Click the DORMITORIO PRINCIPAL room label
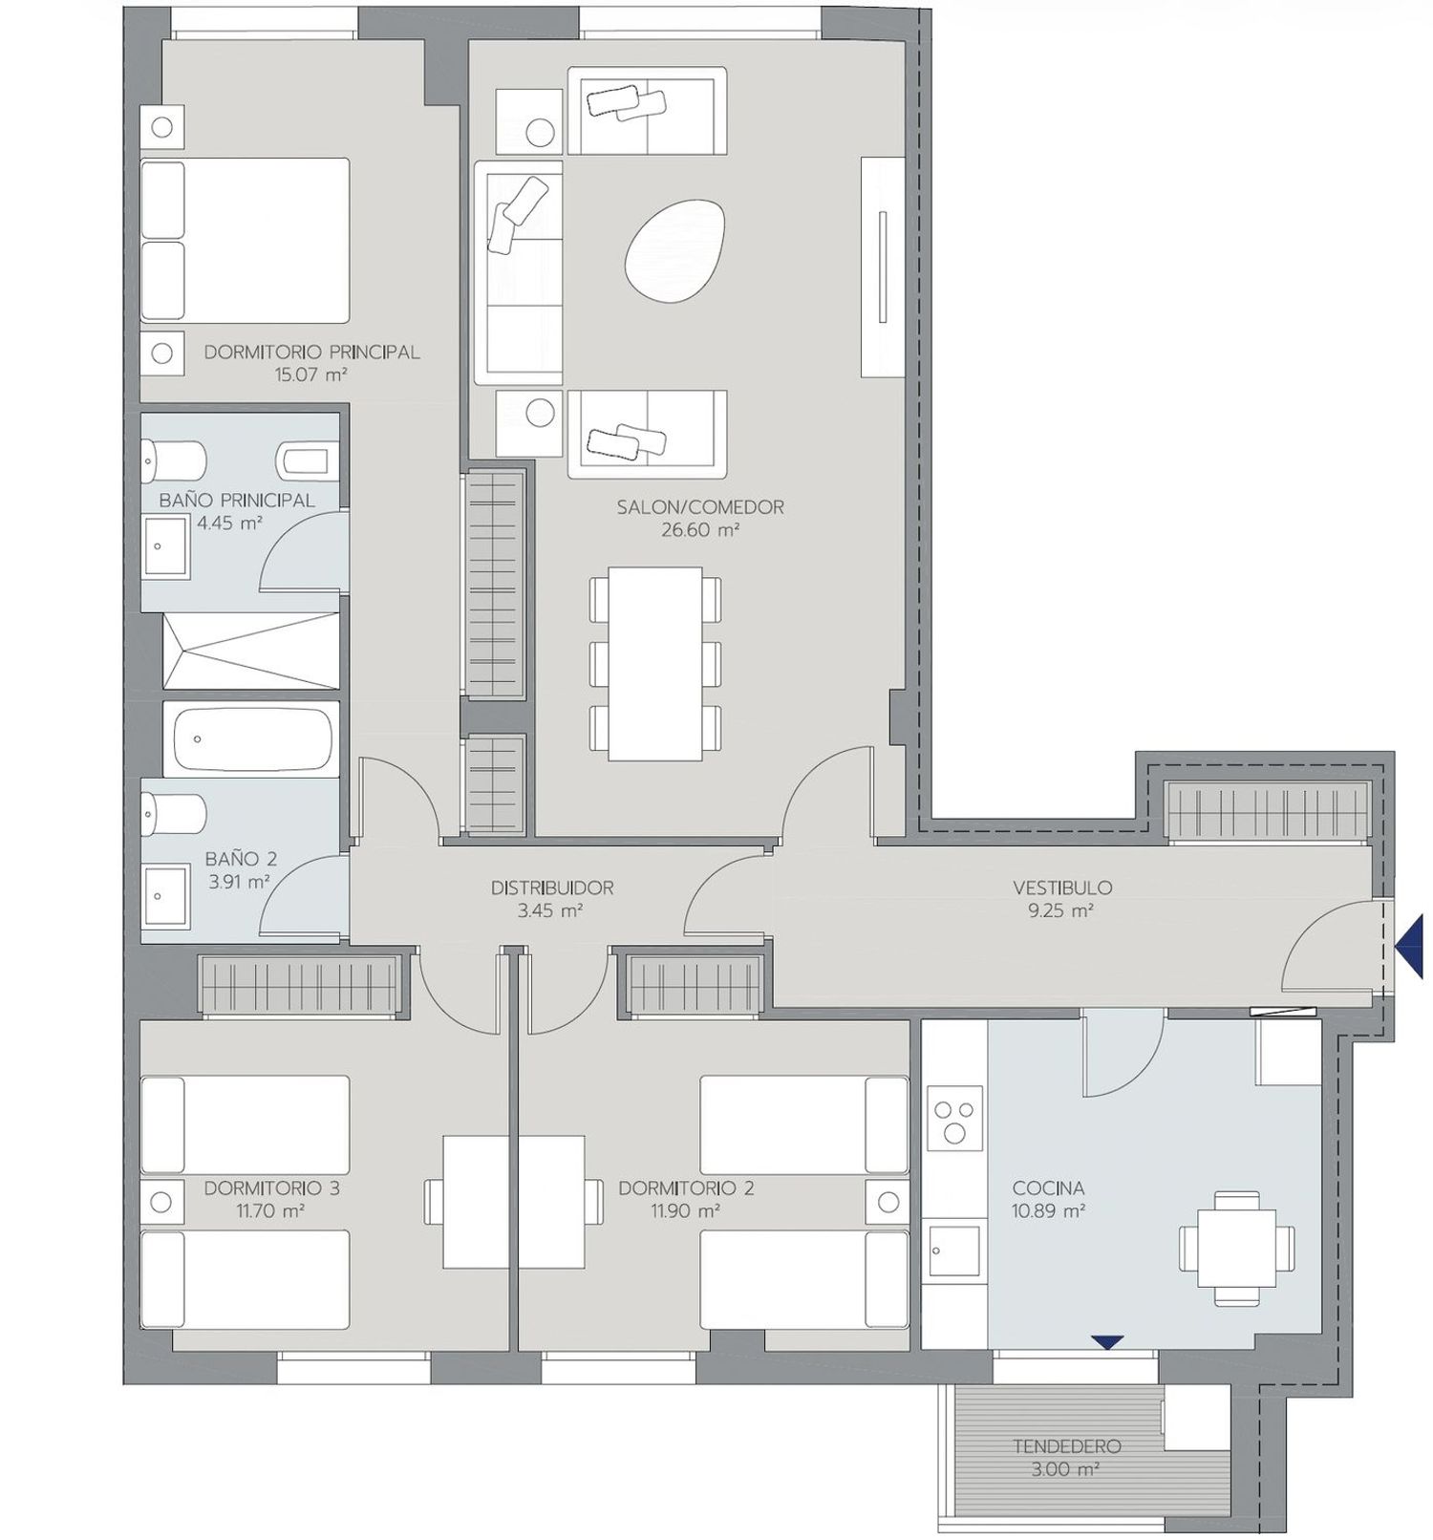[311, 352]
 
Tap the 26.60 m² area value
[700, 530]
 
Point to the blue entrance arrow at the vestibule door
[1409, 946]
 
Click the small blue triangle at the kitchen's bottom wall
[1107, 1342]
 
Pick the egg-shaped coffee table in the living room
[674, 250]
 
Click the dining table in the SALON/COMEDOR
[655, 663]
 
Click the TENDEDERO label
[1067, 1446]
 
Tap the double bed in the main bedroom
[245, 240]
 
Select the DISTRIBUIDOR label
[552, 888]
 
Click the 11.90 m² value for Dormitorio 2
[685, 1211]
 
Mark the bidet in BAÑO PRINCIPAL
[308, 460]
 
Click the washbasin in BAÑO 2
[165, 896]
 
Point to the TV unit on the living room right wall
[883, 267]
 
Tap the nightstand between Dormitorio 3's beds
[161, 1203]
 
